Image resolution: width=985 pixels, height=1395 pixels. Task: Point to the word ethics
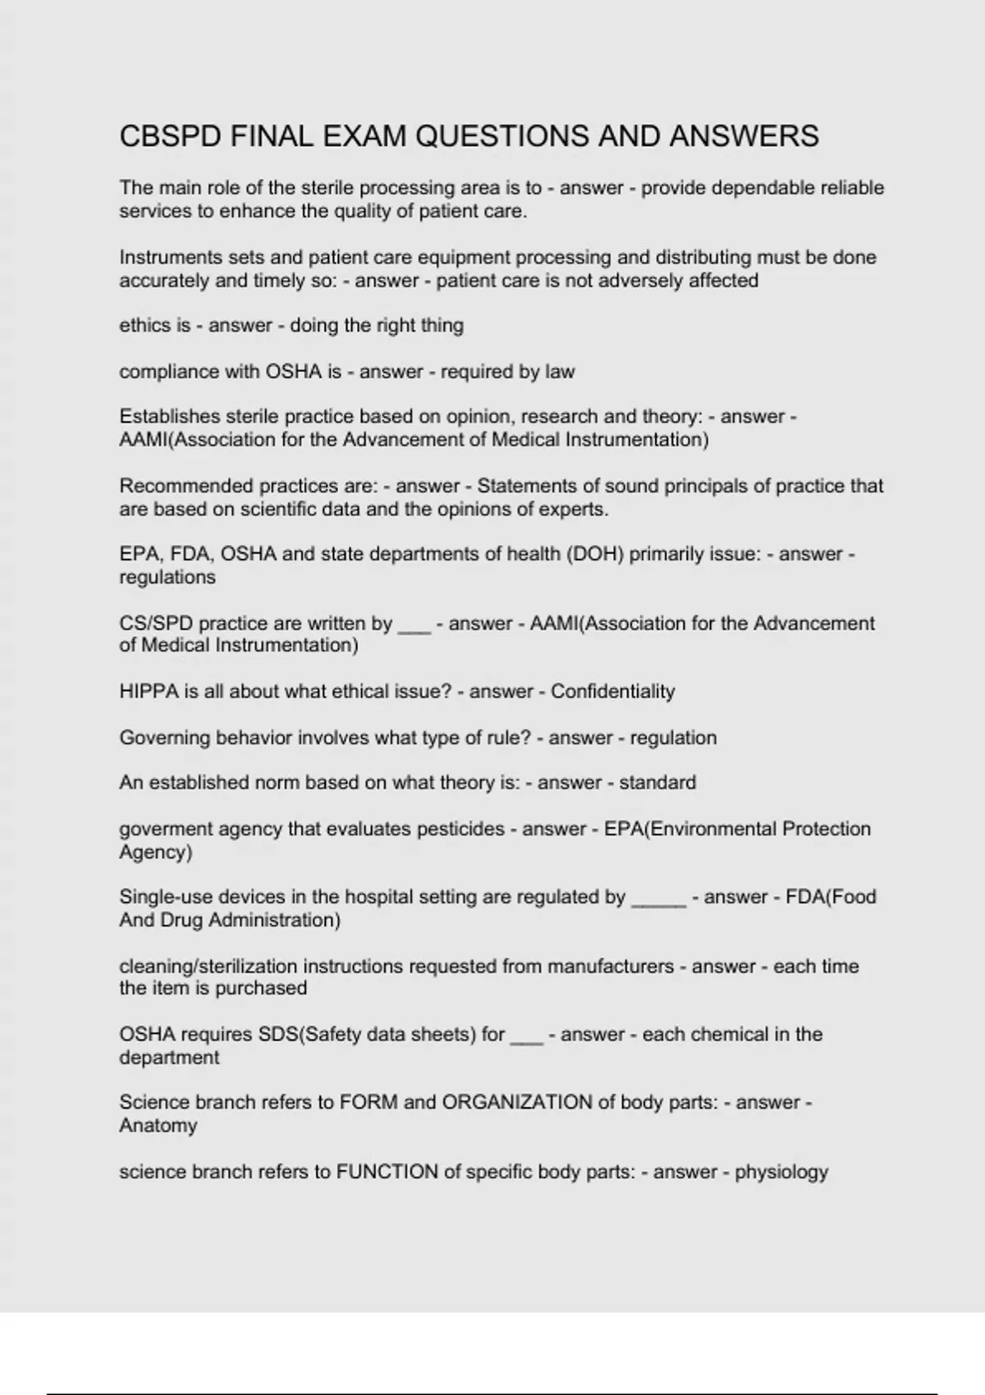[x=144, y=326]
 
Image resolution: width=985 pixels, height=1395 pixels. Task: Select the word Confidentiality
[x=612, y=692]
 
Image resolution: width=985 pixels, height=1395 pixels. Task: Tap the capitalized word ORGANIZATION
[x=516, y=1102]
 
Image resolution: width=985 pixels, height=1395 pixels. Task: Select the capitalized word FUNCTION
[x=387, y=1172]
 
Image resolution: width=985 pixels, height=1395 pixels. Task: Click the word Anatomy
[x=158, y=1125]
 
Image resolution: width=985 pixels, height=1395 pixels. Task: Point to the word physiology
[x=781, y=1172]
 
